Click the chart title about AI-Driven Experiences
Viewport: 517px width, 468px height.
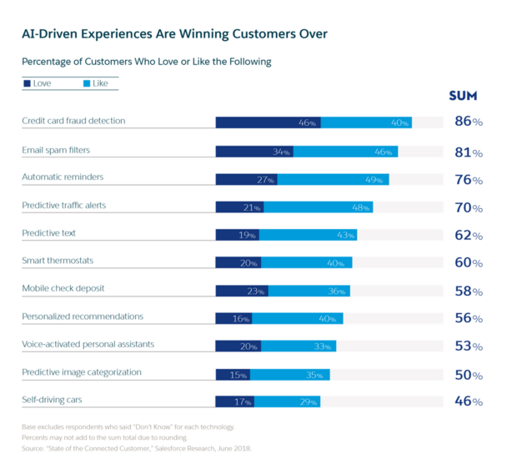[174, 34]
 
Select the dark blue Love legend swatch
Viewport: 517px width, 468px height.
[28, 83]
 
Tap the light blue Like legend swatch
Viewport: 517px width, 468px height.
[87, 83]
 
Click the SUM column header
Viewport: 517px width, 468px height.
[463, 97]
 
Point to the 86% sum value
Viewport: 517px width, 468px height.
[468, 122]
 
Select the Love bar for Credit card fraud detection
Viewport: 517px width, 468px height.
[267, 122]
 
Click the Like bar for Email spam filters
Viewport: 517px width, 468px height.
[345, 152]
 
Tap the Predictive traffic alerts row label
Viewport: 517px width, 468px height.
[63, 205]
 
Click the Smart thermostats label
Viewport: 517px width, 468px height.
[58, 261]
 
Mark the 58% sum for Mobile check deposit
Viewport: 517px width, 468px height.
[468, 291]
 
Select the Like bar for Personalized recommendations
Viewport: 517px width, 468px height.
[297, 318]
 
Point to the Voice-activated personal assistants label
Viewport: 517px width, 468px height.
[88, 344]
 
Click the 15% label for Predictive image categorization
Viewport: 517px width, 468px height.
[239, 375]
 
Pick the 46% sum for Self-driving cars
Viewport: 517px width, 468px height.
[468, 401]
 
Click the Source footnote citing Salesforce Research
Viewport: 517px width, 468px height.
[135, 448]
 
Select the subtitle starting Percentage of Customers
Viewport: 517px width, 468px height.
[146, 62]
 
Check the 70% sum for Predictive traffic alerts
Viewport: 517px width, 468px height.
[468, 207]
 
